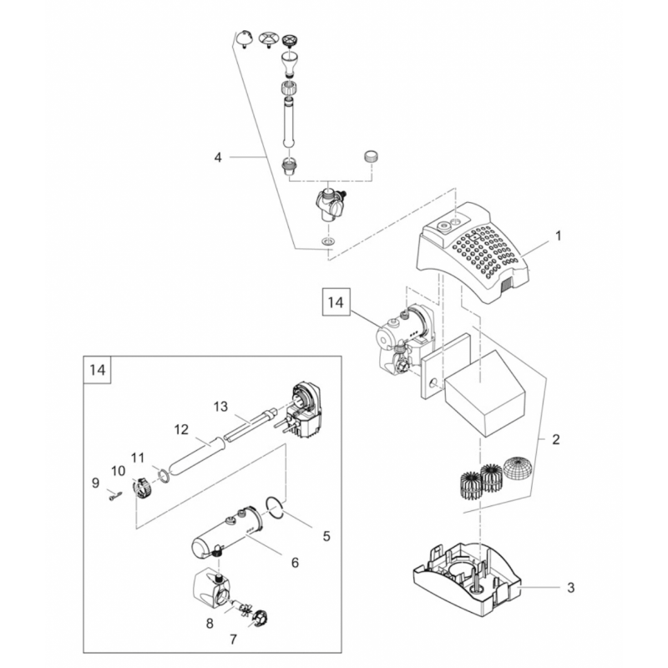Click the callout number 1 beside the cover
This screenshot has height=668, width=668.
(558, 235)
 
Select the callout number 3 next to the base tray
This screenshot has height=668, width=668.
(571, 588)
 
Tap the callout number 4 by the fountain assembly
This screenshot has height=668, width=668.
(218, 158)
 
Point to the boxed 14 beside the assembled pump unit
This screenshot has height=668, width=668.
(336, 302)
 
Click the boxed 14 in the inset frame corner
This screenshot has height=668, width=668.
(97, 369)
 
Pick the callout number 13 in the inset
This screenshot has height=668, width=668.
(220, 407)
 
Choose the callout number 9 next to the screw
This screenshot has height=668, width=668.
(95, 483)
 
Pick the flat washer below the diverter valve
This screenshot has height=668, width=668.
(327, 241)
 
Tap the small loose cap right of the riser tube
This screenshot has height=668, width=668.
(371, 155)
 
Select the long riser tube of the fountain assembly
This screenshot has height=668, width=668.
(288, 123)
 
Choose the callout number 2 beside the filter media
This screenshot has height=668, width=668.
(555, 439)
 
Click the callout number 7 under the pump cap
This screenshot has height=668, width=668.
(233, 640)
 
